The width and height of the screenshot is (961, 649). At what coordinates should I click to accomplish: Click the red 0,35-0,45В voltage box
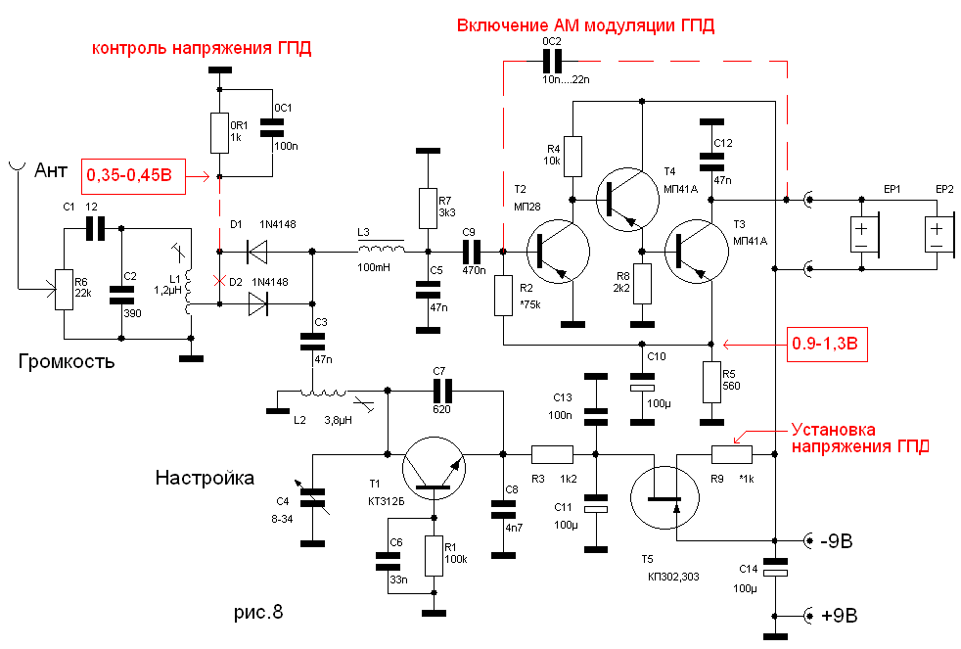click(129, 176)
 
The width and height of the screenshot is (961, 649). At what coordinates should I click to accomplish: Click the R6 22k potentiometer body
click(65, 290)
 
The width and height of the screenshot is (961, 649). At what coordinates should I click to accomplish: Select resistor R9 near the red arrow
click(731, 453)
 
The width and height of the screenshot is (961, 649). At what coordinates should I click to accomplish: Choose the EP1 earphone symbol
click(861, 235)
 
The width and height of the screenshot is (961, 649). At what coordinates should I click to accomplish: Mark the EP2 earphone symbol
click(937, 235)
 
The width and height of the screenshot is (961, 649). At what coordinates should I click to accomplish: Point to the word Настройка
click(204, 478)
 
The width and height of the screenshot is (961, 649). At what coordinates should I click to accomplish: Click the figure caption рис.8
click(257, 614)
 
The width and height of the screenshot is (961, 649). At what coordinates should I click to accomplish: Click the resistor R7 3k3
click(425, 207)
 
